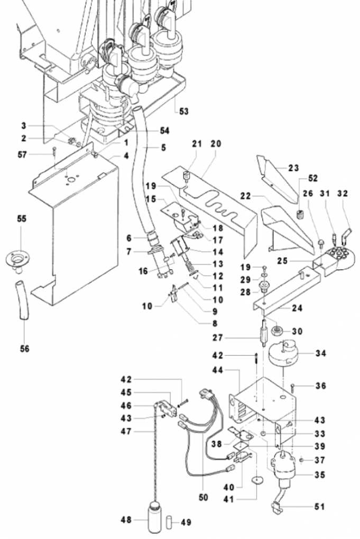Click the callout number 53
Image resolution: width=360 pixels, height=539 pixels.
point(184,111)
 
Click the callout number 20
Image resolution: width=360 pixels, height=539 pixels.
point(216,144)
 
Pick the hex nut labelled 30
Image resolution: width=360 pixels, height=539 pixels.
point(277,331)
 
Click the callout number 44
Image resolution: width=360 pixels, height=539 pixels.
point(217,370)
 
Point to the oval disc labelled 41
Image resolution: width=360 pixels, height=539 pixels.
point(256,479)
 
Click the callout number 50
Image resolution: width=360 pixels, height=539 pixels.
point(203,497)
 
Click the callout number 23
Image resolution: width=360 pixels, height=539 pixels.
point(293,168)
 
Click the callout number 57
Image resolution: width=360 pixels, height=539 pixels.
point(22,155)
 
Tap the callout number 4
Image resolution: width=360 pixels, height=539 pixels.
point(126,156)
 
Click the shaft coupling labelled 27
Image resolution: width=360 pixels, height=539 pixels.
point(263,333)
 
